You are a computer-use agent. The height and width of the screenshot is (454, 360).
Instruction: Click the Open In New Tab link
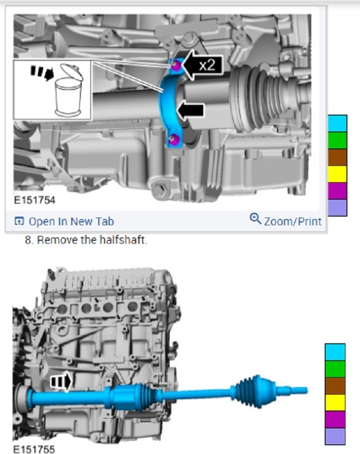pos(64,221)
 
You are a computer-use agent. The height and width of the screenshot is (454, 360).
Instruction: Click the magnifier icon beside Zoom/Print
pos(255,219)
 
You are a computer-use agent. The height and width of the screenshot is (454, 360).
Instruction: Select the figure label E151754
pos(34,200)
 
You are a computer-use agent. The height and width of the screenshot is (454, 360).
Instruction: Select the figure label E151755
pos(34,449)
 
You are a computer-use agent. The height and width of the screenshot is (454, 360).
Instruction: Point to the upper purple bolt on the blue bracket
pos(175,65)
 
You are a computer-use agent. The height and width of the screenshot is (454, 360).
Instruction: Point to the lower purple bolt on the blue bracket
pos(175,139)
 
